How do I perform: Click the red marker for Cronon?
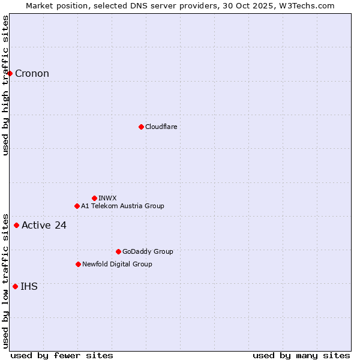[x=10, y=73]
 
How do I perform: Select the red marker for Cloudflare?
[x=141, y=127]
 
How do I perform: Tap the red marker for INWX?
[x=94, y=198]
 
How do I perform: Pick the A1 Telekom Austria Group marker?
[x=77, y=206]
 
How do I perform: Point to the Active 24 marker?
[x=17, y=225]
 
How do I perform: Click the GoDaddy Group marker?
[x=118, y=251]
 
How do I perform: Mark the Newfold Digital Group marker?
[x=78, y=264]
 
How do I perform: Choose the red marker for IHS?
[x=15, y=286]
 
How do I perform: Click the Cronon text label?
[x=32, y=74]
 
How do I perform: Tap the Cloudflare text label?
[x=161, y=127]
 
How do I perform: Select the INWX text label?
[x=107, y=198]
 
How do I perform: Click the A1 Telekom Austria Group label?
[x=122, y=206]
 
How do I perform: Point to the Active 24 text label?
[x=44, y=226]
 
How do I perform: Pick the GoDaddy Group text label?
[x=148, y=251]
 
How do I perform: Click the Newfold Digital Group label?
[x=117, y=264]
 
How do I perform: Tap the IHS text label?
[x=29, y=287]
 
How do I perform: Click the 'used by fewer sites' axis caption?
[x=62, y=355]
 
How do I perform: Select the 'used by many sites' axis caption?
[x=301, y=355]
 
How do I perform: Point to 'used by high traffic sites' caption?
[x=5, y=85]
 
